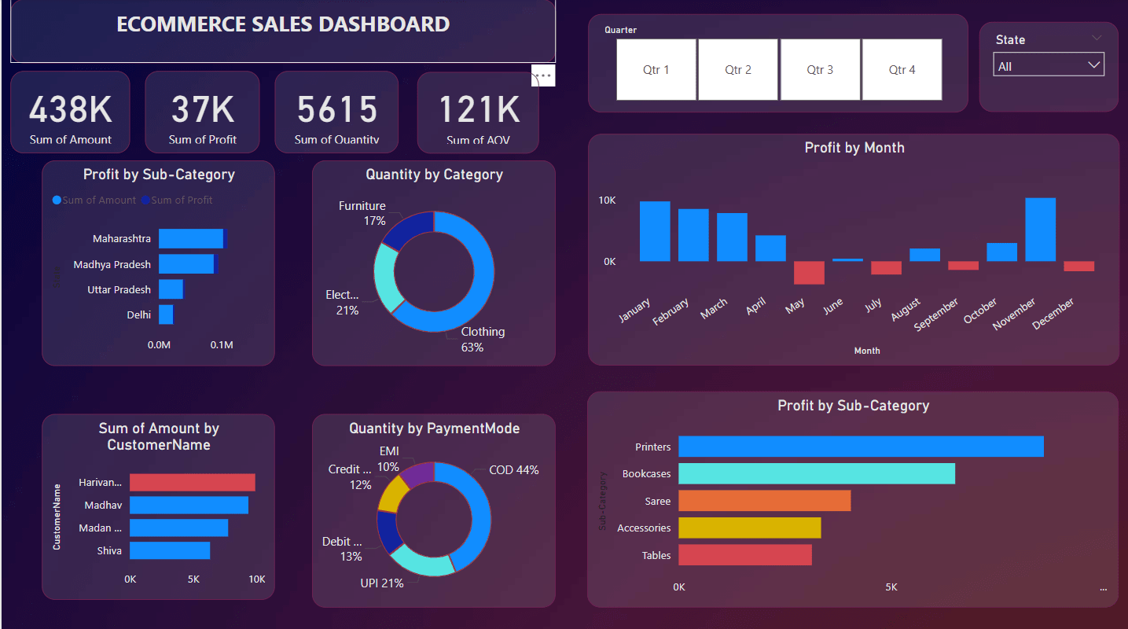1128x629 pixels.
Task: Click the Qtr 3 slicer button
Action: coord(820,70)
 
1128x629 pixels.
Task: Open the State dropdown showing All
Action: coord(1049,66)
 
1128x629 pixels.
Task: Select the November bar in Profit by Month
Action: coord(1040,230)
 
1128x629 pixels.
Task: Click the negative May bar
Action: coord(809,273)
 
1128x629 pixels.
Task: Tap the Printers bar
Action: coord(861,447)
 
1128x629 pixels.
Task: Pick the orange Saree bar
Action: coord(764,501)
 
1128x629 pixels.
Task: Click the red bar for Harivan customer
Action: coord(193,483)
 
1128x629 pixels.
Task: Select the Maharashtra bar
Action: coord(191,238)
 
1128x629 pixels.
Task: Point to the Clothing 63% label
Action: coord(482,339)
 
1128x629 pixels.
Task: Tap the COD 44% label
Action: coord(513,470)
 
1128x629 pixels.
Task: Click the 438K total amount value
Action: coord(71,110)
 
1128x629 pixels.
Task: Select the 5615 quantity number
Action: coord(336,110)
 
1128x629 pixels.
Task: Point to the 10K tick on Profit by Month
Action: coord(607,200)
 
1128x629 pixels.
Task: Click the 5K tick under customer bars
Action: coord(193,579)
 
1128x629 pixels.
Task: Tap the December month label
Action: coord(1053,314)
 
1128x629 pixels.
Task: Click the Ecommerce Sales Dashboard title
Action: coord(283,24)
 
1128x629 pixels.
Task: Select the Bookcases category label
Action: coord(646,474)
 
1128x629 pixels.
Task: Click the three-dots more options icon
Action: coord(544,75)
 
